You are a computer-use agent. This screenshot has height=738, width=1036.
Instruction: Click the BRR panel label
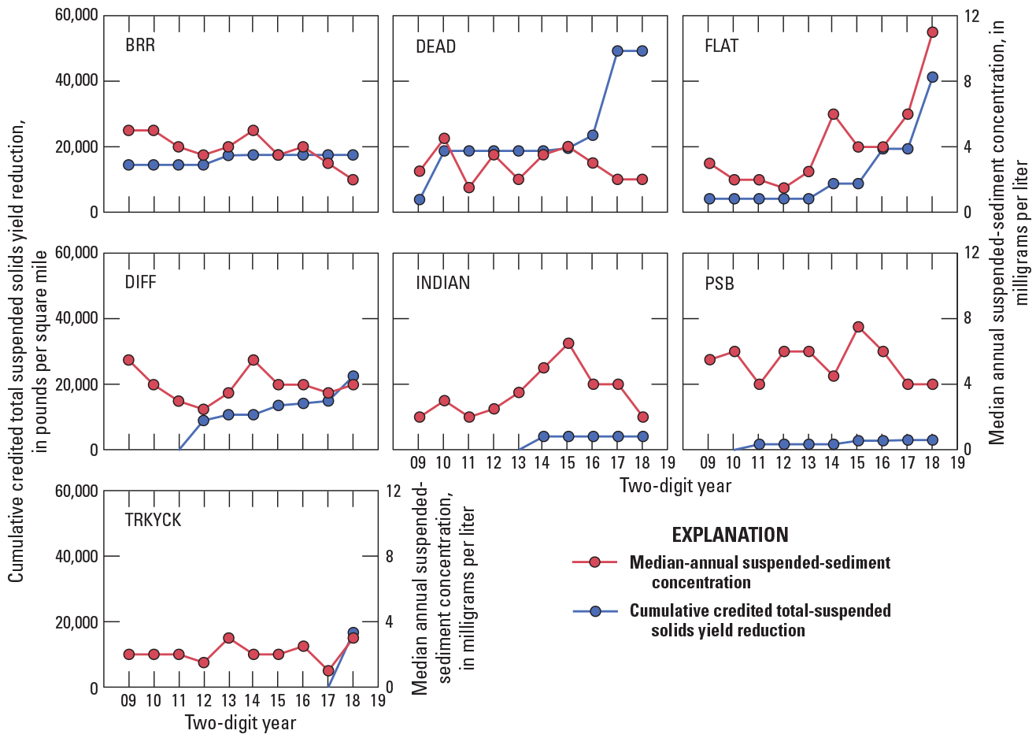pyautogui.click(x=140, y=45)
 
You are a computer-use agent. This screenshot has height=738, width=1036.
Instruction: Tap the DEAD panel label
pyautogui.click(x=435, y=46)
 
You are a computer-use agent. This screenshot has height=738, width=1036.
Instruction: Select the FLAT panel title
pyautogui.click(x=721, y=46)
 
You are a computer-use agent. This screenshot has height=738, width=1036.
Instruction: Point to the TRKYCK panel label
pyautogui.click(x=153, y=520)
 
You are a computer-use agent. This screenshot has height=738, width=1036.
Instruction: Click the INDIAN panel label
pyautogui.click(x=442, y=283)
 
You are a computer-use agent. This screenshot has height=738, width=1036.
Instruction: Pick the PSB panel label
pyautogui.click(x=720, y=283)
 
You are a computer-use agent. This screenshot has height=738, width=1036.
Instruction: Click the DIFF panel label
pyautogui.click(x=141, y=283)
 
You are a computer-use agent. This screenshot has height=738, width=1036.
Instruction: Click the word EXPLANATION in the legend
pyautogui.click(x=730, y=535)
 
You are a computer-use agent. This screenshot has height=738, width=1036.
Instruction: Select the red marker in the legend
pyautogui.click(x=595, y=562)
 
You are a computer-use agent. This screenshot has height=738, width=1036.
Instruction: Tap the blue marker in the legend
pyautogui.click(x=595, y=611)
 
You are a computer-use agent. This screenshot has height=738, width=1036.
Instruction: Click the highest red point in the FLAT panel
pyautogui.click(x=932, y=32)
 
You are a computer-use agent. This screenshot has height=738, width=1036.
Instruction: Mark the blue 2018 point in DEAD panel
pyautogui.click(x=642, y=50)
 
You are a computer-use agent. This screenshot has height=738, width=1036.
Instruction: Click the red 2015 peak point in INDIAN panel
pyautogui.click(x=568, y=343)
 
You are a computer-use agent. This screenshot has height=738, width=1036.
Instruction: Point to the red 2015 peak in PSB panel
pyautogui.click(x=858, y=327)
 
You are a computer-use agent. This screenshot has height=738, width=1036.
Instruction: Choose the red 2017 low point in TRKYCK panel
pyautogui.click(x=328, y=671)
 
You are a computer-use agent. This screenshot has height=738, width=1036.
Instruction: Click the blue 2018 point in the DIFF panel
pyautogui.click(x=353, y=376)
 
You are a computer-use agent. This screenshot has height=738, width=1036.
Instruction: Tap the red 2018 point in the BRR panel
pyautogui.click(x=353, y=180)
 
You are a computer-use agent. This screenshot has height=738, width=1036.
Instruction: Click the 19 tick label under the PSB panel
pyautogui.click(x=957, y=462)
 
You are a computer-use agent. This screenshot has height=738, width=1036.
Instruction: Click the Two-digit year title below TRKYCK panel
pyautogui.click(x=240, y=722)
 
